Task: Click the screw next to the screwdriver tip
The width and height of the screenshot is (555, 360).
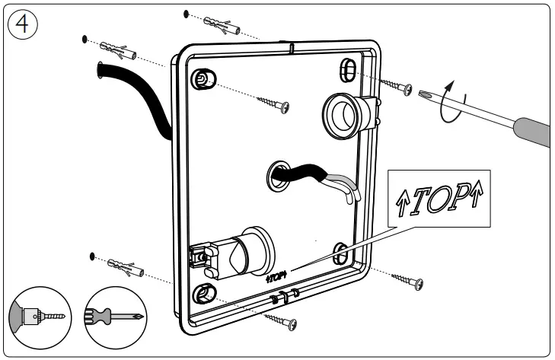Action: click(x=396, y=85)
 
